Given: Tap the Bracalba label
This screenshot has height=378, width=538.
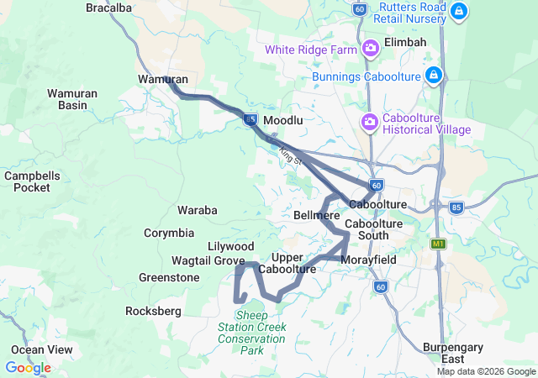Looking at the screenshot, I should click(x=109, y=8).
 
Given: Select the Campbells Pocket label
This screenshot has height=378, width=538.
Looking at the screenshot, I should click(x=32, y=181).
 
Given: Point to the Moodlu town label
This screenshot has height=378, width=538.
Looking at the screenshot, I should click(x=283, y=121).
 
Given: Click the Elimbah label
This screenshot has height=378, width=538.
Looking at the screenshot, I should click(x=405, y=42).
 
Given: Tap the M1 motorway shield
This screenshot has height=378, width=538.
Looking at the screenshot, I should click(x=437, y=244).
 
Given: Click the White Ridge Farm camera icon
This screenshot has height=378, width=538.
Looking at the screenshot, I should click(x=371, y=50).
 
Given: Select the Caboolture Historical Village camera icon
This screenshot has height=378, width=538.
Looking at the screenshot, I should click(x=370, y=123).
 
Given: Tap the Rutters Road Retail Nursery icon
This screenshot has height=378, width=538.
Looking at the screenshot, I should click(x=458, y=12).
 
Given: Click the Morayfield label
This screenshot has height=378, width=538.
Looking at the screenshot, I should click(x=368, y=260).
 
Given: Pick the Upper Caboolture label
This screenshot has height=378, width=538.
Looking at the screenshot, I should click(x=287, y=263).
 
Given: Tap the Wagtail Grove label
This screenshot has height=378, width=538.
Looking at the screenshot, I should click(x=208, y=261).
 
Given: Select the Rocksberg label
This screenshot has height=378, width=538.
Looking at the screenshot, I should click(x=153, y=311).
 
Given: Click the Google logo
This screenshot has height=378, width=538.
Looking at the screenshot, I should click(x=28, y=368).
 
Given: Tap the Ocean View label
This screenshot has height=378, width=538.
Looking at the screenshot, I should click(x=42, y=349).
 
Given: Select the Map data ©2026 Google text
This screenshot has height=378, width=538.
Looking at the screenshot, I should click(x=486, y=372).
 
